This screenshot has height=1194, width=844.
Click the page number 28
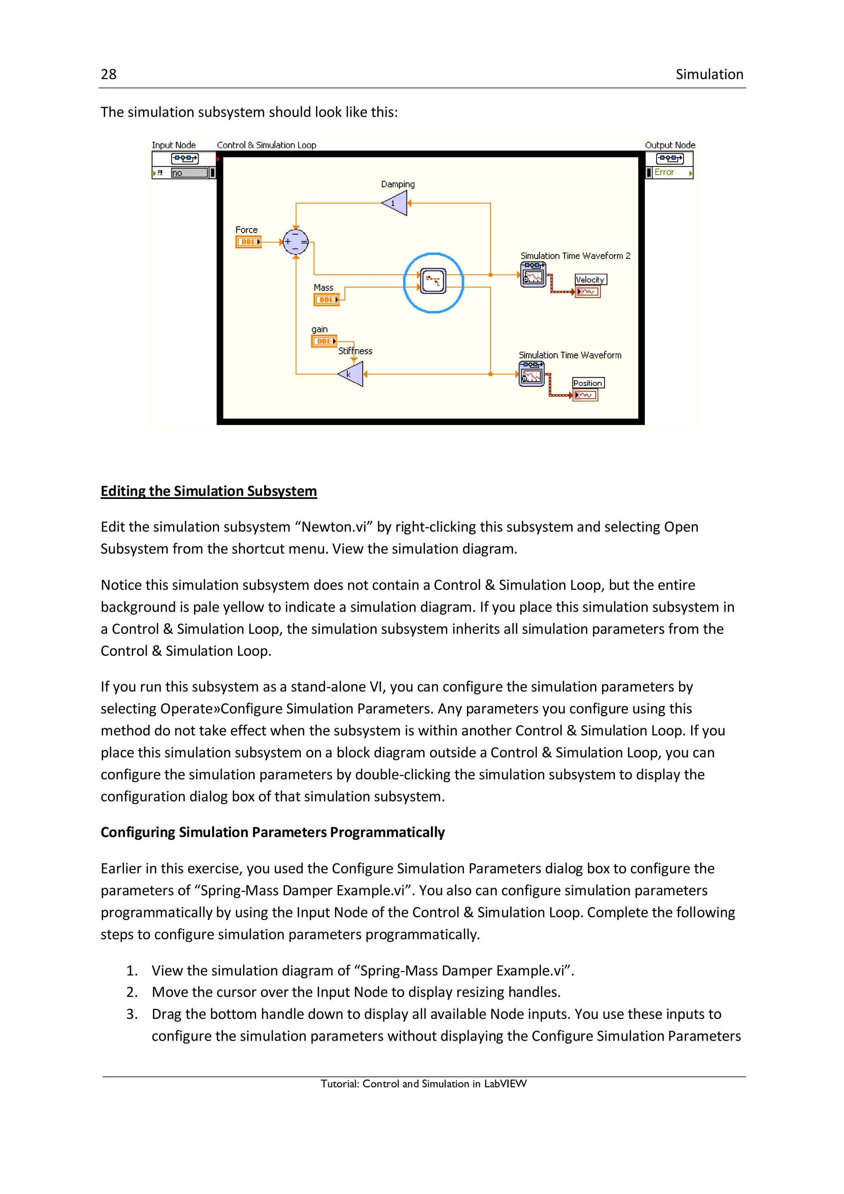[x=109, y=74]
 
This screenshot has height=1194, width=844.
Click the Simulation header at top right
[x=709, y=74]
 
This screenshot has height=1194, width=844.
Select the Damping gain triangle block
[x=396, y=203]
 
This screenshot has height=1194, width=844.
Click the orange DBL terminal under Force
[x=249, y=242]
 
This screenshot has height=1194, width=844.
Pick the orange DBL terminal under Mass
[x=326, y=300]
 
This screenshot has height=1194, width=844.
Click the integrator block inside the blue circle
[x=433, y=281]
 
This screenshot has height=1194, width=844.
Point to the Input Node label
[x=173, y=145]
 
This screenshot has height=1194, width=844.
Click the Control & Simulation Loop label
[x=266, y=145]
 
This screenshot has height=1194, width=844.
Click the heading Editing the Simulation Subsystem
[x=209, y=491]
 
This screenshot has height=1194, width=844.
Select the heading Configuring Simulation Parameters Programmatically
[x=272, y=832]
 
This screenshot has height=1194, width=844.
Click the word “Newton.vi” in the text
[x=334, y=527]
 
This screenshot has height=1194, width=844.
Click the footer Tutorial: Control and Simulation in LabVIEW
[x=424, y=1084]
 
